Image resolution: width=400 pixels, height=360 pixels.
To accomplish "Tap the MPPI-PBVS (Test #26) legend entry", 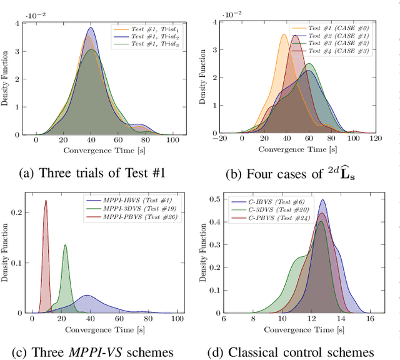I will pyautogui.click(x=133, y=218).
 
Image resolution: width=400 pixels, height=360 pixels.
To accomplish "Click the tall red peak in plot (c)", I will pyautogui.click(x=46, y=201).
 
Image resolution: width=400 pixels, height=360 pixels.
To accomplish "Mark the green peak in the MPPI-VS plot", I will pyautogui.click(x=65, y=246).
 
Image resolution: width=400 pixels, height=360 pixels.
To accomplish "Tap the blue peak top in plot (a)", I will pyautogui.click(x=91, y=28).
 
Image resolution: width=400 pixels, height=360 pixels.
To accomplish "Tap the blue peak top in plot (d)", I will pyautogui.click(x=322, y=201).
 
